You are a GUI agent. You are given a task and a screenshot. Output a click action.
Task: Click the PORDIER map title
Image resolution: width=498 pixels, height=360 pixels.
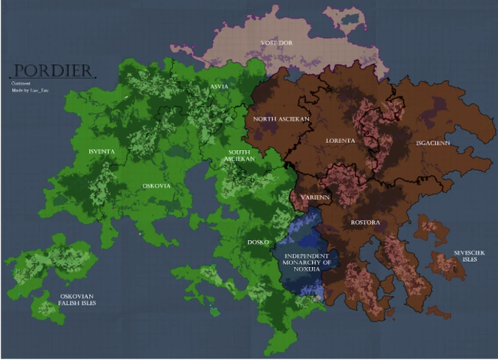[x=53, y=71]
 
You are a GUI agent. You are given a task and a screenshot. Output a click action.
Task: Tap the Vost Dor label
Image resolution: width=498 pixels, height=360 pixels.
[x=276, y=43]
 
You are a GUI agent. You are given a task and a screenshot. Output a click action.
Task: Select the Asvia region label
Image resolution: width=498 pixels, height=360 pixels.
[x=219, y=86]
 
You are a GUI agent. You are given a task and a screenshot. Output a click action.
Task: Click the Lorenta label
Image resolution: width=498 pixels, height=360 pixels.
[x=340, y=140]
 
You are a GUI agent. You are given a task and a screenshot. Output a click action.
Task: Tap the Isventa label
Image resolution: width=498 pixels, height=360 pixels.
[x=102, y=152]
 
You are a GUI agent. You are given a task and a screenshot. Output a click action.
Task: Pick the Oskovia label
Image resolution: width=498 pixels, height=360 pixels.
[x=156, y=185]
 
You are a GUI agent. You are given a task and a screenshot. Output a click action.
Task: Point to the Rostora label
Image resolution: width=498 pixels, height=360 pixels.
[x=365, y=222]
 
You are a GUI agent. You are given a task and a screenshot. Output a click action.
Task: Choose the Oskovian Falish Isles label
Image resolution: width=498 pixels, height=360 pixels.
[x=78, y=299]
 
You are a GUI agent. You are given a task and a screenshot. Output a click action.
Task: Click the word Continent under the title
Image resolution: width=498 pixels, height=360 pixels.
[x=20, y=84]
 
